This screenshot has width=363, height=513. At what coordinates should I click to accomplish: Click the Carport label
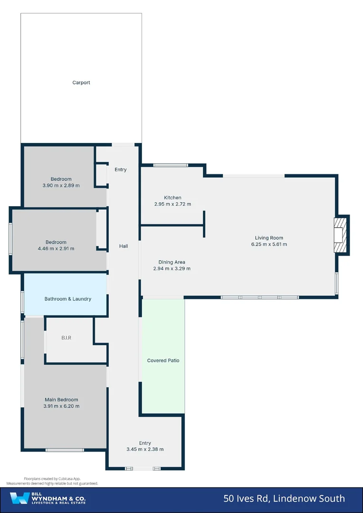81,83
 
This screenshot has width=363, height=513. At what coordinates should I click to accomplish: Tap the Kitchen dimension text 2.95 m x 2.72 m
172,204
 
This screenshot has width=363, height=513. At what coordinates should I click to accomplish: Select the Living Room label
269,238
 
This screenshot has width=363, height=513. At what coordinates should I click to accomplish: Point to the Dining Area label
172,262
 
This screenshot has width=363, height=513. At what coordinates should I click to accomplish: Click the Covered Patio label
163,361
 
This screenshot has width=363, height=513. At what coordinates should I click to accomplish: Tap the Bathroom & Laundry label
68,299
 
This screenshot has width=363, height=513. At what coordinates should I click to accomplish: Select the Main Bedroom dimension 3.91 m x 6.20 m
61,406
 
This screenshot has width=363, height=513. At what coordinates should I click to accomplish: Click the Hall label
124,246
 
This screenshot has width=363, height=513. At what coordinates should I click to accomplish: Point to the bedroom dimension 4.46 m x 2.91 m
56,248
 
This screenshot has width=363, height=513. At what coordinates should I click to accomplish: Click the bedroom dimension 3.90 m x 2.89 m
61,185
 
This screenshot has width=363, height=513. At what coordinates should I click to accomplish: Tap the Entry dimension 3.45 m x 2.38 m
145,449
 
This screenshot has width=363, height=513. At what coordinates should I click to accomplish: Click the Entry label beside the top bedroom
121,170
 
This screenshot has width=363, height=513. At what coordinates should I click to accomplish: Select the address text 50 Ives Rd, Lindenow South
284,498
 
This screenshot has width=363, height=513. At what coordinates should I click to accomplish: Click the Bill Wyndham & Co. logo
48,498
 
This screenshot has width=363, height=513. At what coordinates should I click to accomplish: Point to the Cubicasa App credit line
52,479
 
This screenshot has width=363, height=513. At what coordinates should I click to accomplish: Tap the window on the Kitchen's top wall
171,165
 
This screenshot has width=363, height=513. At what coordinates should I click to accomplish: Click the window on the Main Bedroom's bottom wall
65,449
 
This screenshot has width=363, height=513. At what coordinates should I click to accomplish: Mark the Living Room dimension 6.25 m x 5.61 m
269,245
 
